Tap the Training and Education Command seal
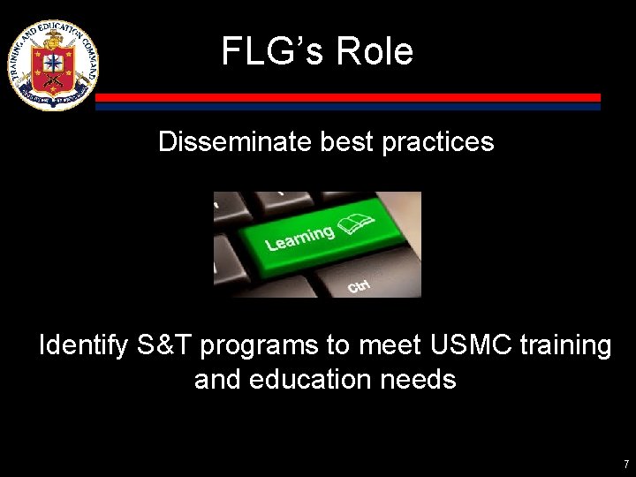click(52, 64)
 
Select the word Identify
click(85, 345)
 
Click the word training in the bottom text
click(564, 345)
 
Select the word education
click(311, 380)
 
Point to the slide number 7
click(625, 464)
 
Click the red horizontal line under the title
click(348, 97)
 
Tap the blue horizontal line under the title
click(348, 106)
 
